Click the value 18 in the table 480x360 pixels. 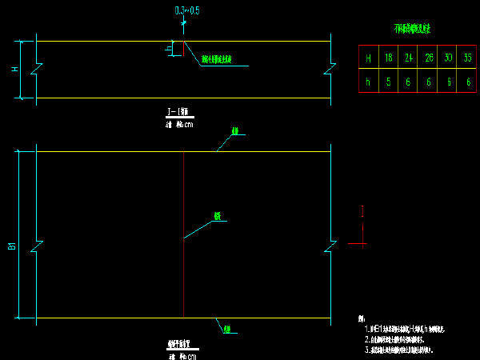388,58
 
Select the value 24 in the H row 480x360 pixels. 408,58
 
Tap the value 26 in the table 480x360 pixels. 428,58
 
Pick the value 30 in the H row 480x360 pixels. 448,58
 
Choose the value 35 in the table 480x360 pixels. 468,58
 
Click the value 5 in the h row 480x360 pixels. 388,81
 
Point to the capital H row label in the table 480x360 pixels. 368,58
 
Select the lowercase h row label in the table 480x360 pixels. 368,81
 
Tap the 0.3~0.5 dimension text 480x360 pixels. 187,10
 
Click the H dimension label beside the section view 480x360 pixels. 14,70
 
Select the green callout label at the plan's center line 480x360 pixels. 216,216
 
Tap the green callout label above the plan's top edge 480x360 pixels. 235,130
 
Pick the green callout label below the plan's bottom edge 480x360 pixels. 227,328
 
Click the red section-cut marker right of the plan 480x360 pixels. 362,226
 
